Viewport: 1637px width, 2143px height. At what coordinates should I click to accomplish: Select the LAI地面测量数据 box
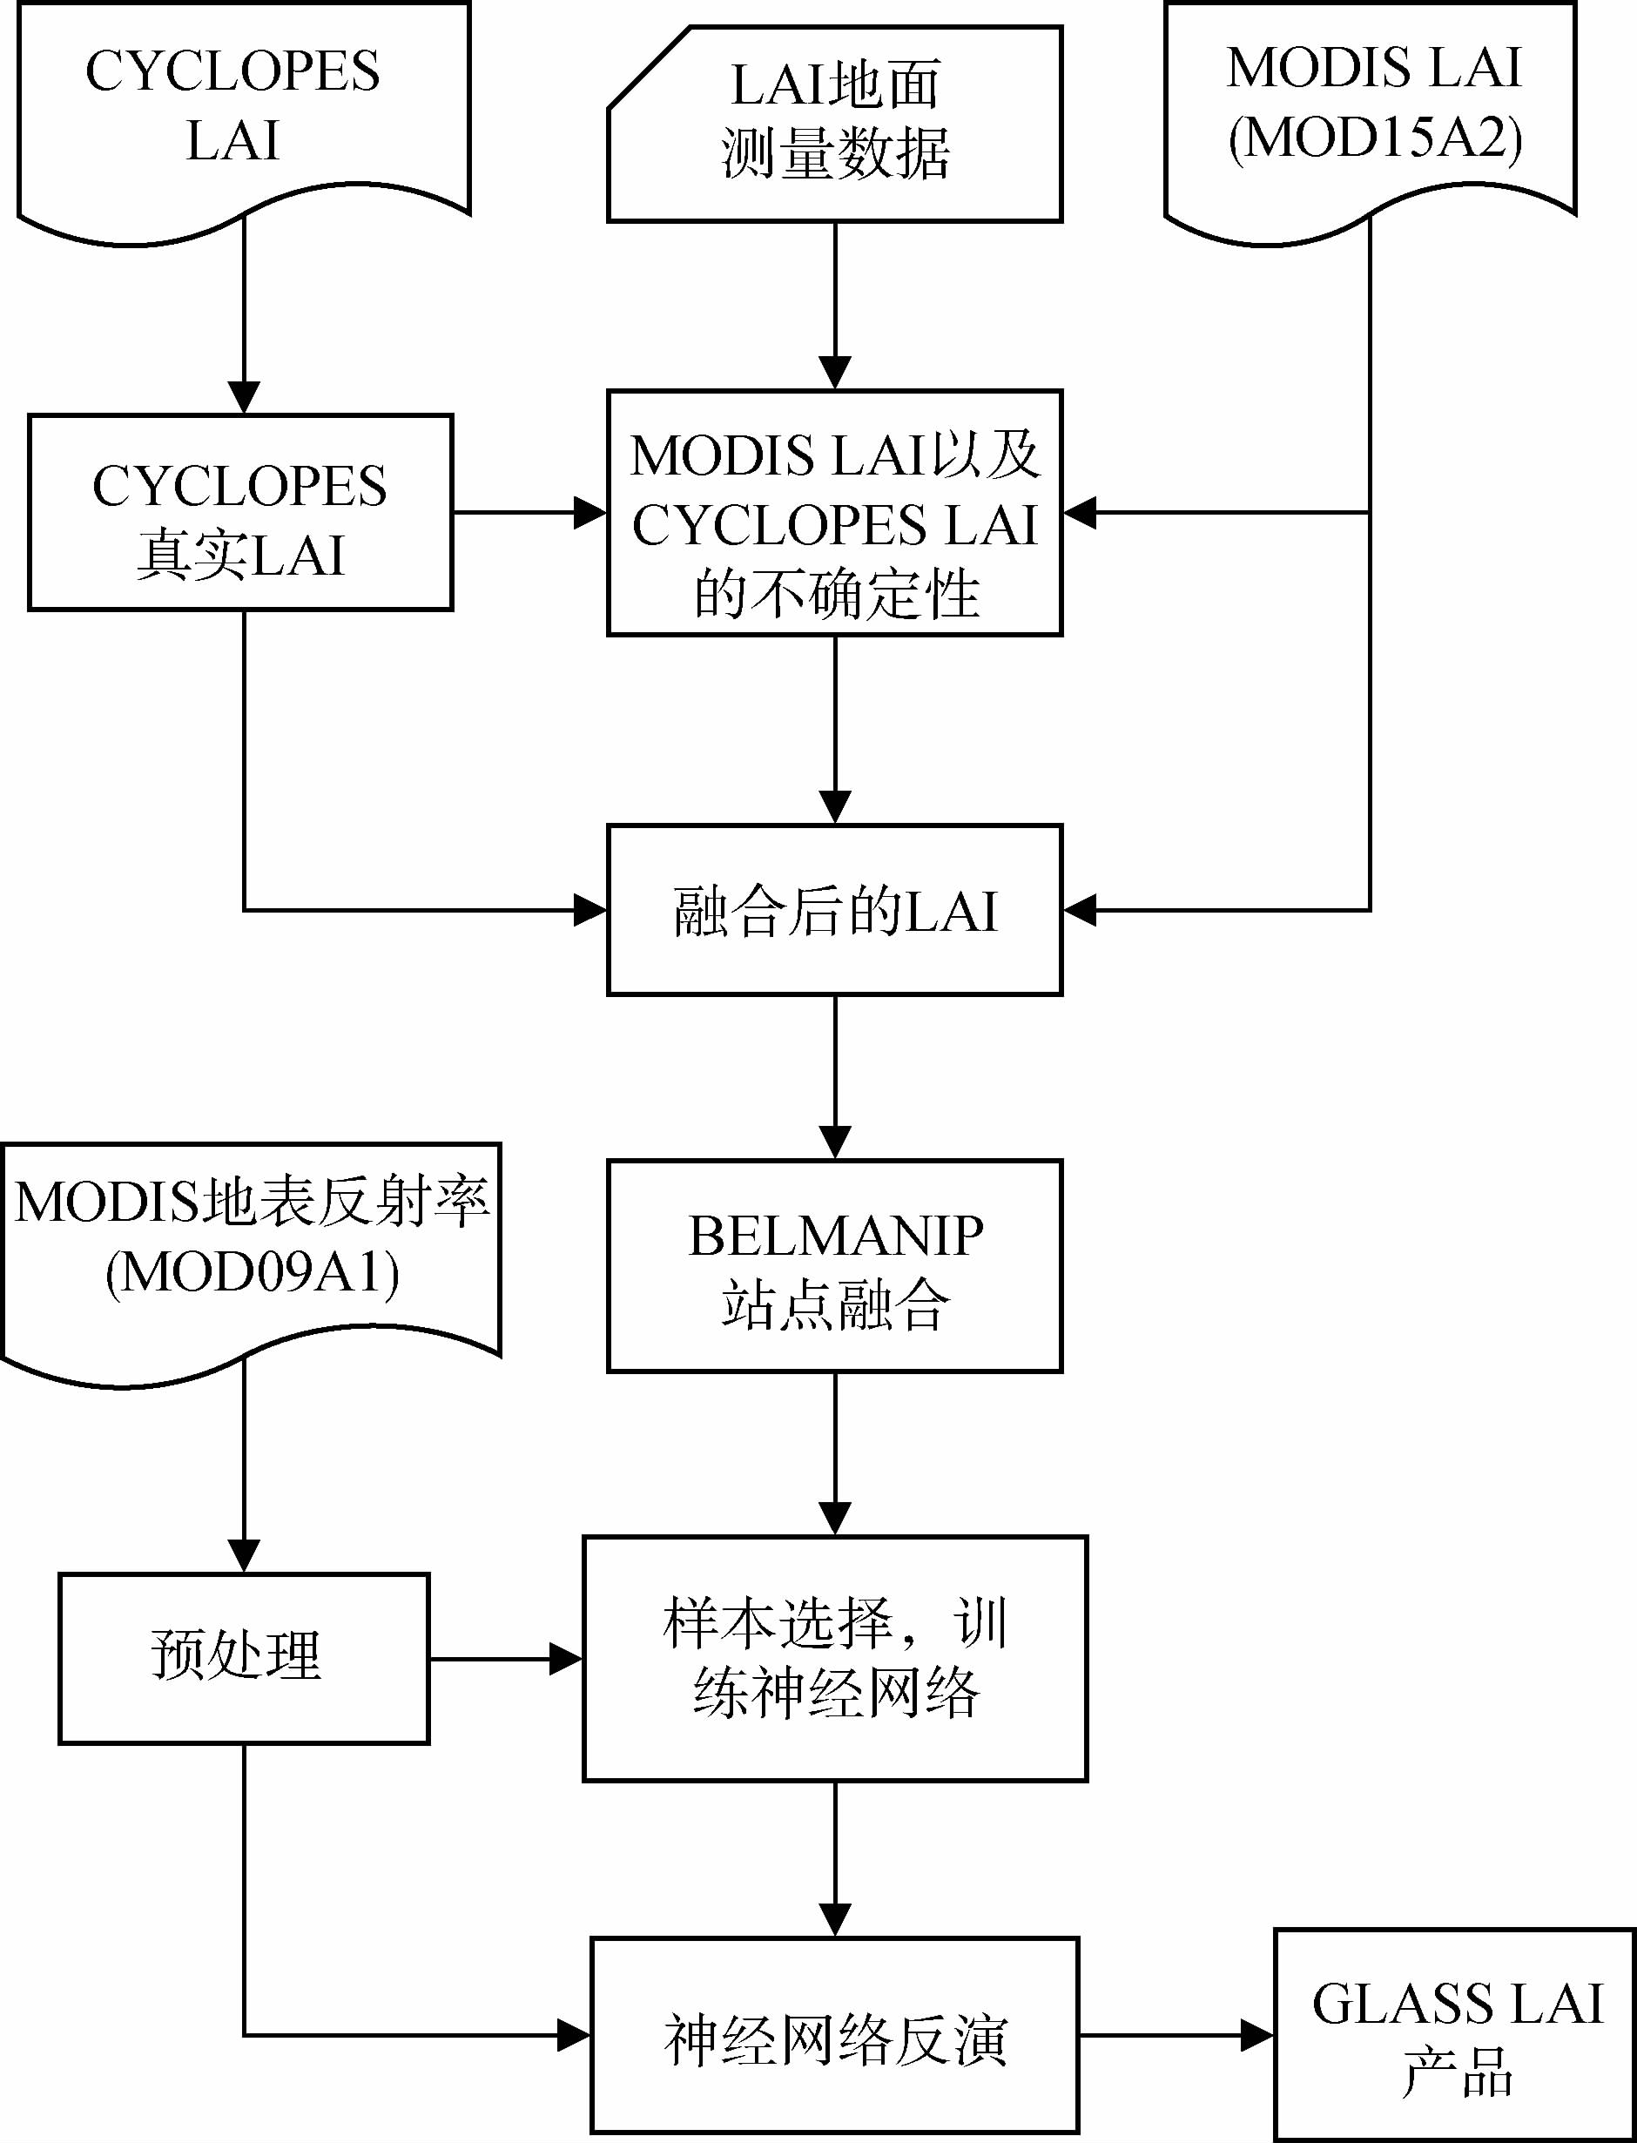point(835,124)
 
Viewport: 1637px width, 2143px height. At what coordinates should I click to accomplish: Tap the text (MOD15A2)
point(1374,138)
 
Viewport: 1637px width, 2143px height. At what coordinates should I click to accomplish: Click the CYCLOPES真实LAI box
point(240,513)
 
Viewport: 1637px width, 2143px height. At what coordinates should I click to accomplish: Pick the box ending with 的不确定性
point(835,514)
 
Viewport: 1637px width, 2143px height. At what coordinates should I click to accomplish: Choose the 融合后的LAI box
point(835,910)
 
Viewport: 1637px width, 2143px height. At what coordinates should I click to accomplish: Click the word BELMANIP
point(835,1237)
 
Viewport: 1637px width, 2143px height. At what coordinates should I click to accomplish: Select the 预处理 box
point(244,1658)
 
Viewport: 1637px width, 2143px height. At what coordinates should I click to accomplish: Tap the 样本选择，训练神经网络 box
point(835,1659)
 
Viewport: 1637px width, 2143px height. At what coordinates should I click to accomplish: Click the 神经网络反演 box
point(835,2035)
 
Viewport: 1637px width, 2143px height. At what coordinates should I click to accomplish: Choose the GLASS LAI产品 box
point(1456,2035)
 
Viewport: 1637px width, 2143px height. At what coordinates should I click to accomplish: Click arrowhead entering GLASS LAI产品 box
point(1258,2035)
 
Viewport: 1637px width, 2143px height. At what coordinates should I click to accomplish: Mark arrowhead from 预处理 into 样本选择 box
point(566,1659)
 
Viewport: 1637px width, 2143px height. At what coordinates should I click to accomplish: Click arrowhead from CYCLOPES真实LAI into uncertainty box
point(590,513)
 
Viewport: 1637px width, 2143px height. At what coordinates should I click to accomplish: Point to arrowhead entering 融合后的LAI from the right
point(1080,910)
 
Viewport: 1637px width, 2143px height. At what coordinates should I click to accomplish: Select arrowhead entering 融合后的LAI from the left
point(590,910)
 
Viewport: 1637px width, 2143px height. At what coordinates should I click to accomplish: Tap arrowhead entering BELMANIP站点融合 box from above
point(835,1142)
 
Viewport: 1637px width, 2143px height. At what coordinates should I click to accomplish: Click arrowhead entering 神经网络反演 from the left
point(574,2035)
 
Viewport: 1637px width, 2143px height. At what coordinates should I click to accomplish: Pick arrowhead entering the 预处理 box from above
point(244,1555)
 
